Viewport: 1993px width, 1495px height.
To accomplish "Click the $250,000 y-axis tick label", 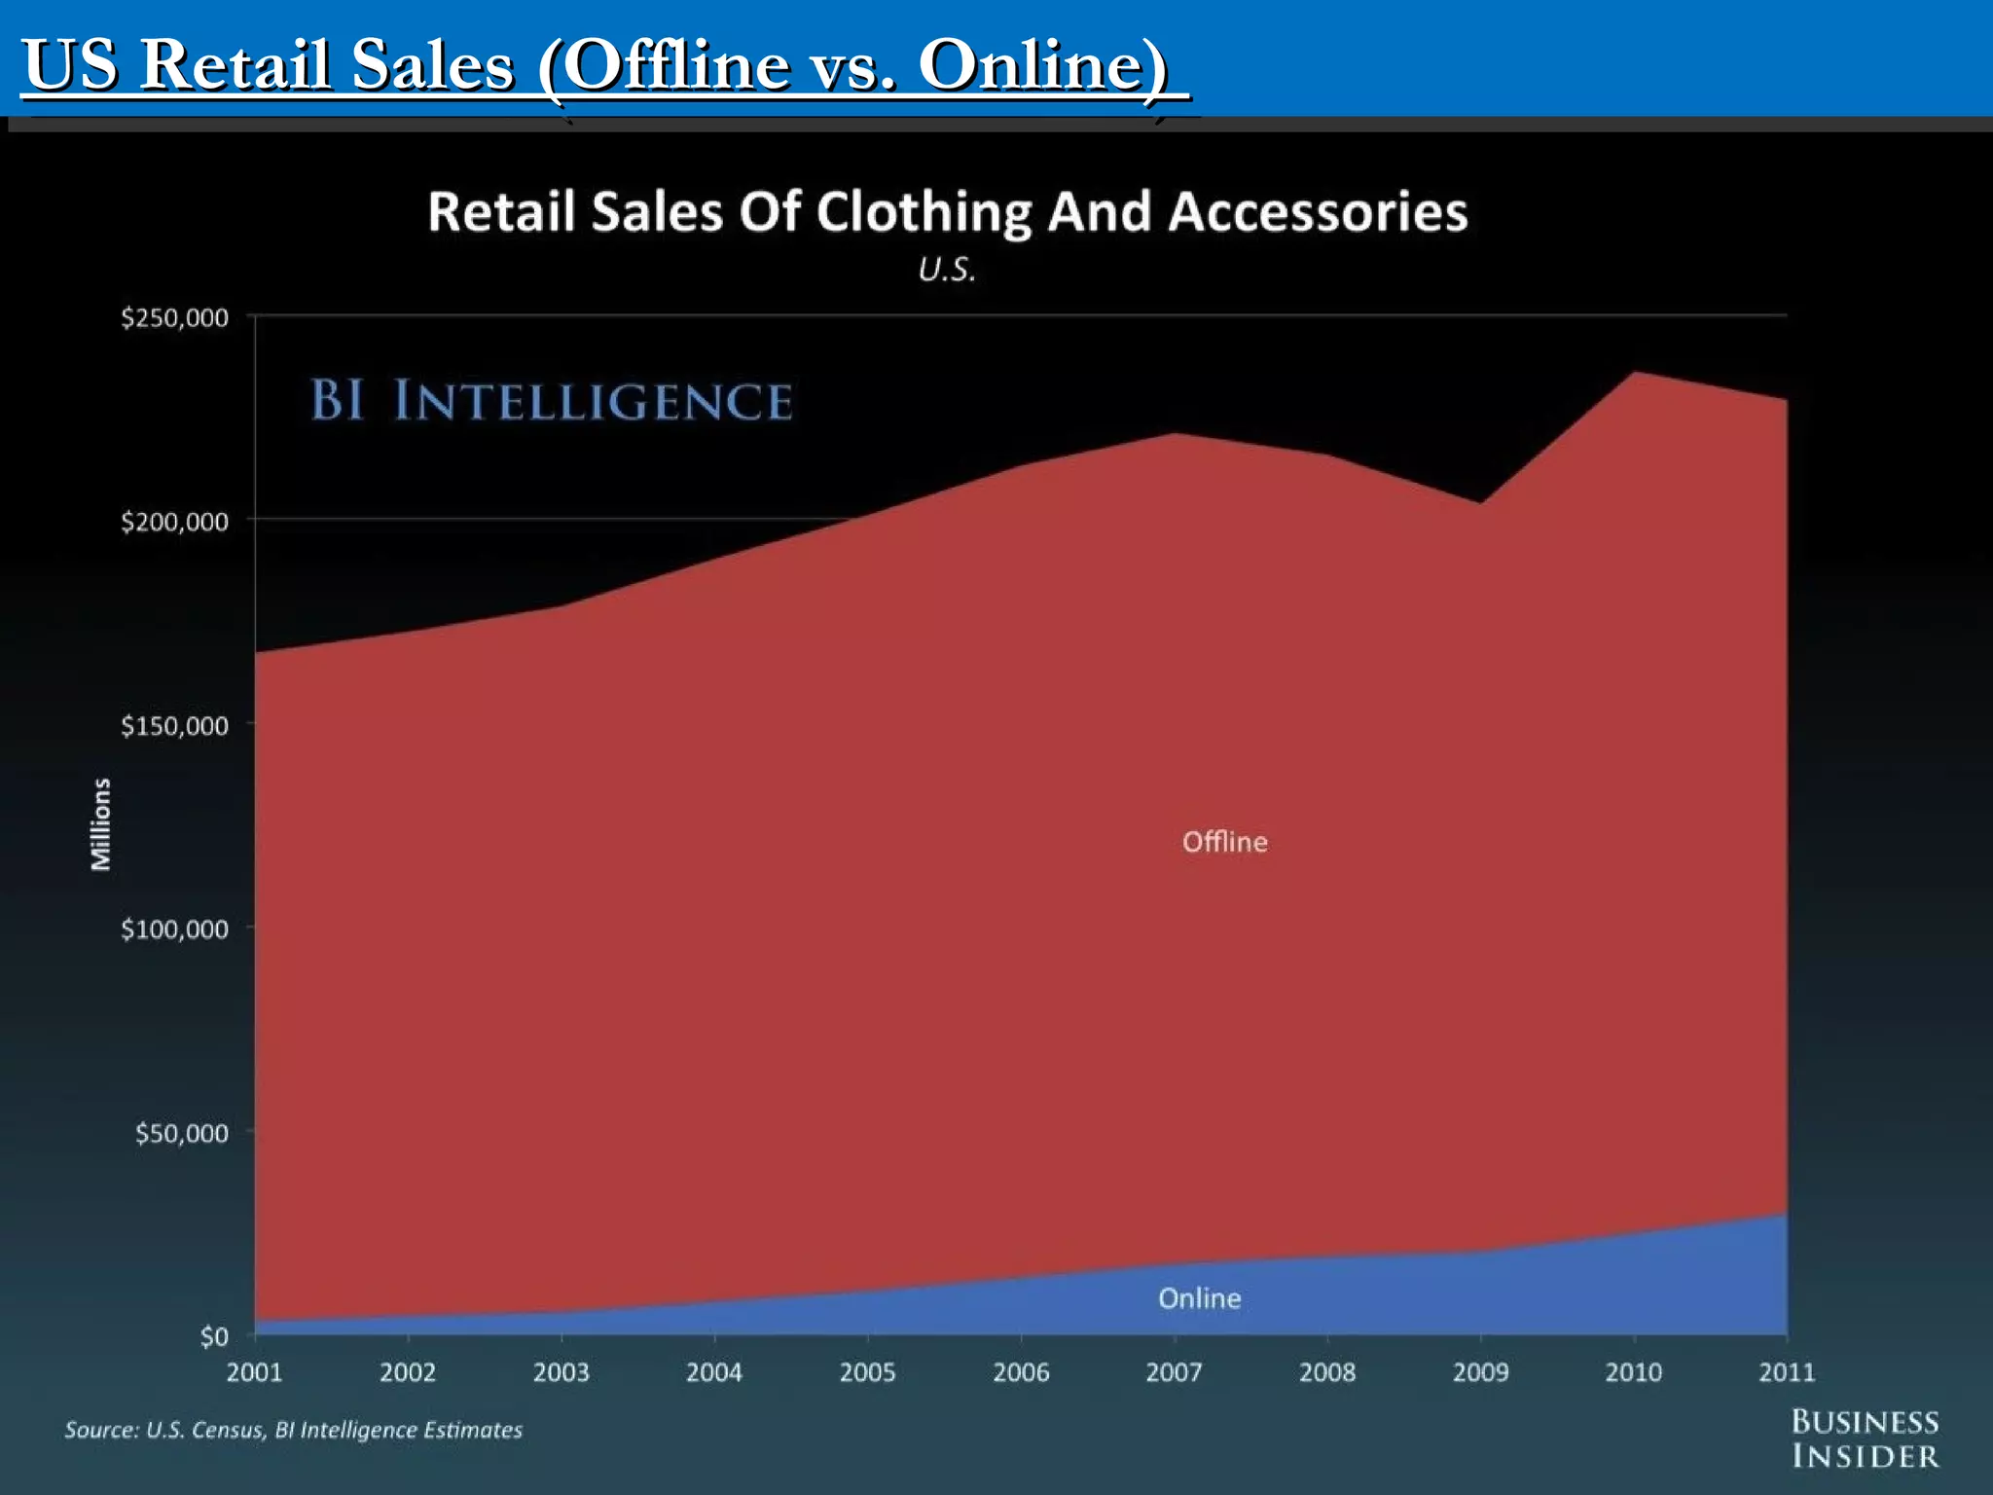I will coord(174,318).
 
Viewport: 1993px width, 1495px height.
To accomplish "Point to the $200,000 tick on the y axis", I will coord(174,522).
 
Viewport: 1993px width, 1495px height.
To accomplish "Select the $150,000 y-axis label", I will coord(174,726).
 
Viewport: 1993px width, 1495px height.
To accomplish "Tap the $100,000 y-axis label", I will coord(174,930).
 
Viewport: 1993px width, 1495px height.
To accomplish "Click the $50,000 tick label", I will coord(181,1133).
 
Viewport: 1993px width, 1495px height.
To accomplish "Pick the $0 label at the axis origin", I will coord(214,1337).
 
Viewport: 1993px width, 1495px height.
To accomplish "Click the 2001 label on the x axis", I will coord(254,1372).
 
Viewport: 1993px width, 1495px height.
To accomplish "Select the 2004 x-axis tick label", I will coord(713,1372).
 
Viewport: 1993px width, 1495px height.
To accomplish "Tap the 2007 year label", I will coord(1174,1372).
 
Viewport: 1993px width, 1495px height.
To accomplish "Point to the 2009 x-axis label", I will coord(1480,1372).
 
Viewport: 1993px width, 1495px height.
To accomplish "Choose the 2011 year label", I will coord(1787,1372).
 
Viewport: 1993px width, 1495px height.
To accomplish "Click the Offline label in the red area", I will coord(1224,842).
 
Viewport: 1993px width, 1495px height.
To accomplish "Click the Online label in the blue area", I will coord(1199,1298).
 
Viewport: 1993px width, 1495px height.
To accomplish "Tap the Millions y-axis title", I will coord(100,823).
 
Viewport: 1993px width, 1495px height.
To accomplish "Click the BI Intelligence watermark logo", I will coord(551,401).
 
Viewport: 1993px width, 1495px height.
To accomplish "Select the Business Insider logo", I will coord(1865,1439).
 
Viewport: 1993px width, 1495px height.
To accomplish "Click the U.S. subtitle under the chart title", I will coord(946,270).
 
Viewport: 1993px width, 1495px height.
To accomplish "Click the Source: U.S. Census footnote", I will coord(293,1430).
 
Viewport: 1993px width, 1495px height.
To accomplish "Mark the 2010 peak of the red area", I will coord(1634,373).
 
